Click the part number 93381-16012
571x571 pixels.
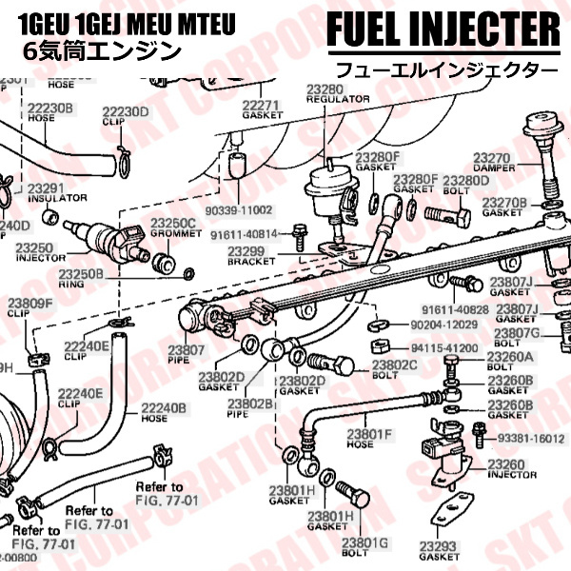pos(531,438)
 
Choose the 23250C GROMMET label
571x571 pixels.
pos(172,227)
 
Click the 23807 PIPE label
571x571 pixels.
pos(187,355)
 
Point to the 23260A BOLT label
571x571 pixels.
pos(510,362)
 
